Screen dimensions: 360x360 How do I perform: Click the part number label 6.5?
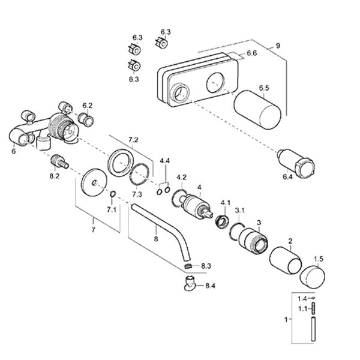pos(264,88)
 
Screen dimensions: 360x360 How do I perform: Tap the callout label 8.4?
pos(210,286)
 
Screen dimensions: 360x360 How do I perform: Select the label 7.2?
pos(133,140)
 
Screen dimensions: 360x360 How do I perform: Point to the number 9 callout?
pos(278,46)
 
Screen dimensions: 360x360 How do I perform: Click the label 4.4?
pos(164,161)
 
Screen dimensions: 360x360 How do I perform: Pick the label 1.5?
pos(319,259)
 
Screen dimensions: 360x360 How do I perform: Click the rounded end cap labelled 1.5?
pos(313,277)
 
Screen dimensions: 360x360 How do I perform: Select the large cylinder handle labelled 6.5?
pos(257,110)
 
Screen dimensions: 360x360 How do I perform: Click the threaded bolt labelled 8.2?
pos(59,161)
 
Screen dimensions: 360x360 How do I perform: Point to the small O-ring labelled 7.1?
pos(113,194)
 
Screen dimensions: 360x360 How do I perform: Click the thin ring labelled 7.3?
pos(139,174)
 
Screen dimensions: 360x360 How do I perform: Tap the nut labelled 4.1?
pos(222,222)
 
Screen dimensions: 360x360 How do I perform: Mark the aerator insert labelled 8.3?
pos(188,266)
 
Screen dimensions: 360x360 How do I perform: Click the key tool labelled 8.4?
pos(190,284)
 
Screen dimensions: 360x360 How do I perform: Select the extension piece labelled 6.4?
pos(296,164)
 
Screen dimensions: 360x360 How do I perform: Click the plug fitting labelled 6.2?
pos(86,119)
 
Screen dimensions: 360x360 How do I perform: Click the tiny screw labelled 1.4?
pos(313,298)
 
